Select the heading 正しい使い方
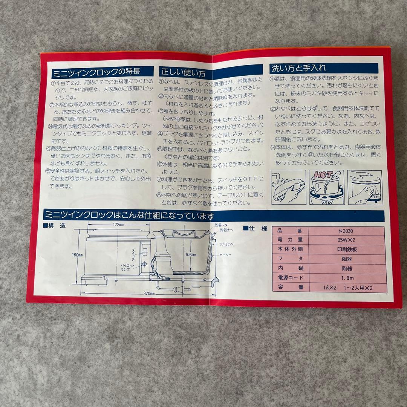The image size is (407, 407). point(184,71)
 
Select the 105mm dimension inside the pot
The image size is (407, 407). point(191,255)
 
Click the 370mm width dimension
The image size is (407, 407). point(150,293)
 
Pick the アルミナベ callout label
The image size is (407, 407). point(227,244)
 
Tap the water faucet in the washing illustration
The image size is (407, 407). point(278,177)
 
